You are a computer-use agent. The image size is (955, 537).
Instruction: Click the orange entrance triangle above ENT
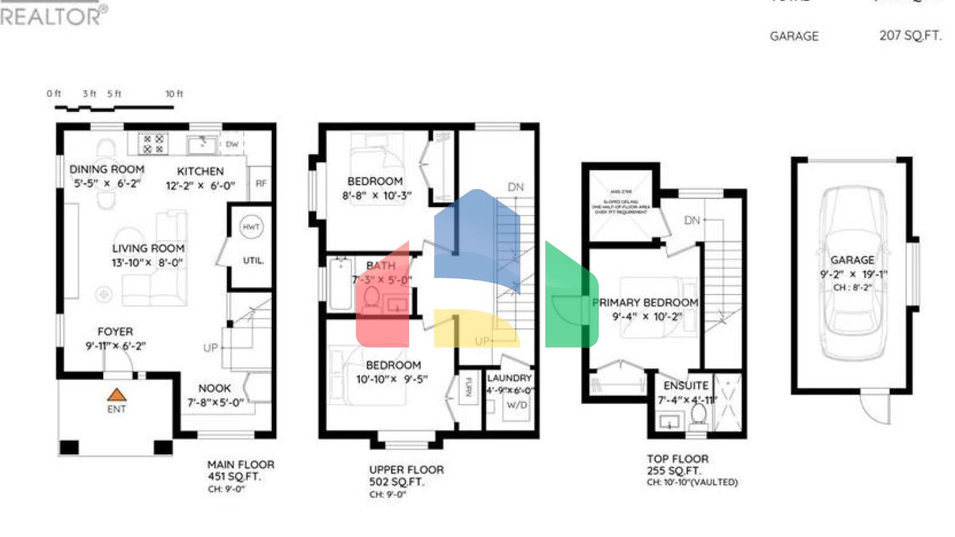coord(116,395)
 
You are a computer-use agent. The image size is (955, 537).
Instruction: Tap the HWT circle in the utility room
coord(251,227)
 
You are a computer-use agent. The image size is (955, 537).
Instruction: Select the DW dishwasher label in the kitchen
coord(232,144)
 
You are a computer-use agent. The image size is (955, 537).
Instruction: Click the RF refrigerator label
coord(261,183)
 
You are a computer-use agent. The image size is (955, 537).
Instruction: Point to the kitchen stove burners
coord(153,144)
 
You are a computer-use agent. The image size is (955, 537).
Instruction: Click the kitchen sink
coord(201,145)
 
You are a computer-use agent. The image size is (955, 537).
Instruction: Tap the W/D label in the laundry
coord(516,405)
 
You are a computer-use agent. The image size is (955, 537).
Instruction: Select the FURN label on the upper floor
coord(468,387)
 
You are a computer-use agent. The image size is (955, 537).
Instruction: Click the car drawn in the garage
coord(852,273)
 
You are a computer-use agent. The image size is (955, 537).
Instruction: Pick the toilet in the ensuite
coord(698,415)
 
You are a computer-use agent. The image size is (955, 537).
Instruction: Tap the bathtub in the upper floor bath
coord(340,283)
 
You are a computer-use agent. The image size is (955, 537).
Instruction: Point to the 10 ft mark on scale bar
coord(174,94)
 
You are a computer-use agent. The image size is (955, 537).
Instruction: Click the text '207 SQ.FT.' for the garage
coord(910,36)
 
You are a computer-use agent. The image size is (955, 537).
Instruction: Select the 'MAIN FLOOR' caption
coord(241,464)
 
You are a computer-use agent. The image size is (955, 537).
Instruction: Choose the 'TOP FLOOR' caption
coord(677,459)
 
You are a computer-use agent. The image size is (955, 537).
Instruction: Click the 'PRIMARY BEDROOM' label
coord(645,303)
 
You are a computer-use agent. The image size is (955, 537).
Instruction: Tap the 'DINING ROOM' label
coord(106,169)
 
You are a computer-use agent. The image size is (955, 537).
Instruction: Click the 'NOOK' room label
coord(215,388)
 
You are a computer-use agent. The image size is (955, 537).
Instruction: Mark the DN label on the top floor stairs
coord(691,220)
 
